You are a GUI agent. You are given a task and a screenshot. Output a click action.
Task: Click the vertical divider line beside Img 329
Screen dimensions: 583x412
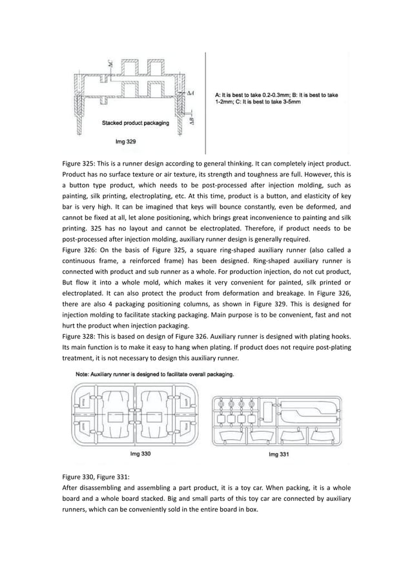pyautogui.click(x=205, y=97)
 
